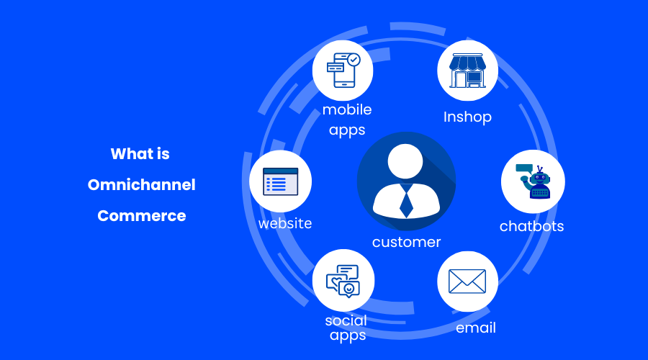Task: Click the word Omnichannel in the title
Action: (x=142, y=185)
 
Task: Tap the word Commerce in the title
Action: (x=142, y=215)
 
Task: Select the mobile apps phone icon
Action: (x=342, y=71)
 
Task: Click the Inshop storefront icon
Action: (x=468, y=71)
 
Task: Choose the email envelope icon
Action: (x=467, y=281)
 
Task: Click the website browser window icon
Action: (x=281, y=181)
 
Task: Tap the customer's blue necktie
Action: (x=406, y=201)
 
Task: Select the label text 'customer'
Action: (x=406, y=243)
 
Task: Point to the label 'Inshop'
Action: (x=467, y=117)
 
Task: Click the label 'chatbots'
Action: (x=532, y=227)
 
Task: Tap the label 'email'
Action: (x=476, y=328)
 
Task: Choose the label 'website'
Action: (x=285, y=223)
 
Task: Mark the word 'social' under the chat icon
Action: (x=346, y=320)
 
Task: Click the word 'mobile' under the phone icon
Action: (x=347, y=110)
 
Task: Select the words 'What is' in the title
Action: (x=140, y=154)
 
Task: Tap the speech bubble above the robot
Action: (x=523, y=168)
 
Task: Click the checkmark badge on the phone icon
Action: (x=354, y=60)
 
